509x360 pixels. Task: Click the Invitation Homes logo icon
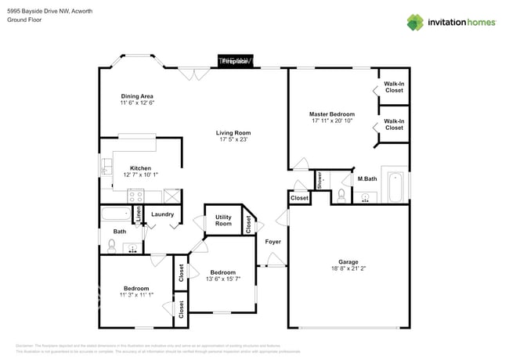(414, 22)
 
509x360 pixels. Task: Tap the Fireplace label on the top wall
(235, 61)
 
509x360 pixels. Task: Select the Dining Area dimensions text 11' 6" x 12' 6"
(136, 103)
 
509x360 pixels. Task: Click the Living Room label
(233, 133)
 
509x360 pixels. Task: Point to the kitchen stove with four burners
(172, 196)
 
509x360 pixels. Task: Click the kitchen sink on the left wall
(105, 166)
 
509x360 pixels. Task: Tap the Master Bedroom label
(331, 114)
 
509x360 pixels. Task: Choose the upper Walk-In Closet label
(394, 88)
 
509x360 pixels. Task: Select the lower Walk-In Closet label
(394, 124)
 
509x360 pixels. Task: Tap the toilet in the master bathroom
(343, 194)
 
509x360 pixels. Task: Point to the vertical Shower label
(319, 180)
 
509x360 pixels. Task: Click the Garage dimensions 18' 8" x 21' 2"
(348, 268)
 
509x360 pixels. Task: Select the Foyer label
(273, 242)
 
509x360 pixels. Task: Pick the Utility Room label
(223, 221)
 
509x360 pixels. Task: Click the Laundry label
(162, 214)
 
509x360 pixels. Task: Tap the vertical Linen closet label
(140, 214)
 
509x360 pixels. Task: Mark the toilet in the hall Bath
(111, 247)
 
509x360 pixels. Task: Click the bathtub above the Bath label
(117, 214)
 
